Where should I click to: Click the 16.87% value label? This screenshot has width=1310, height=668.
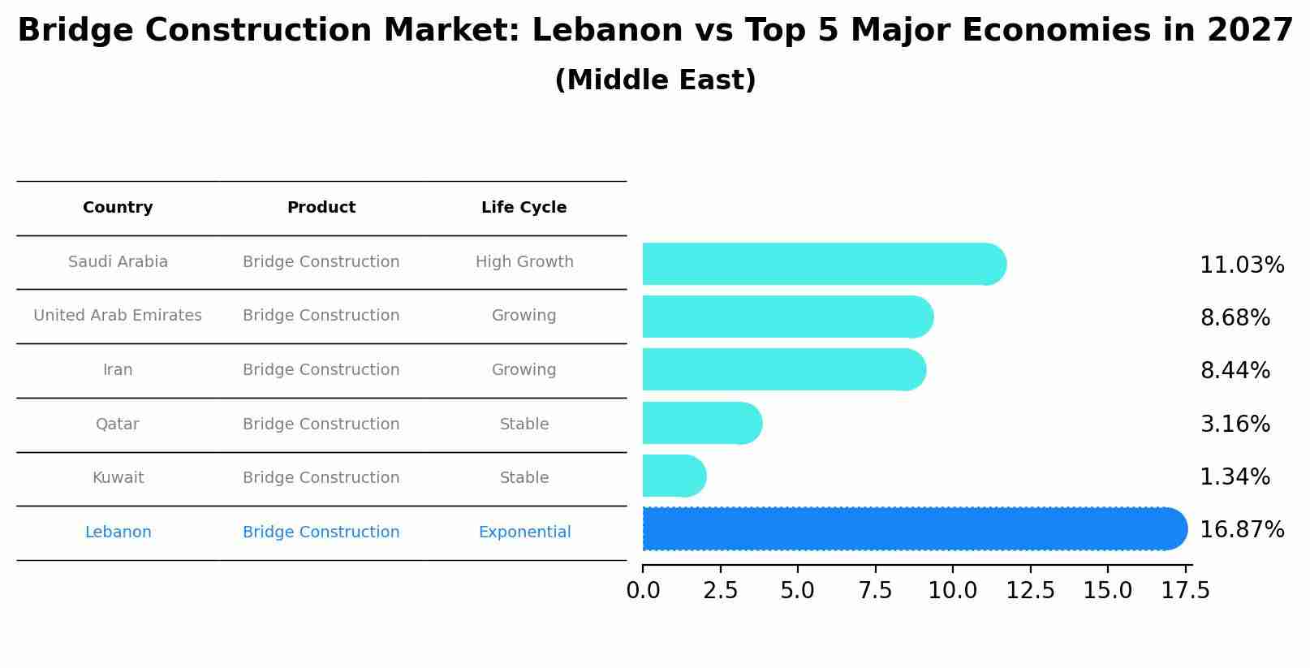click(1241, 530)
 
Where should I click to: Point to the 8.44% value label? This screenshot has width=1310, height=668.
click(1235, 371)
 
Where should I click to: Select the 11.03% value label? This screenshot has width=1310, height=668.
click(1241, 265)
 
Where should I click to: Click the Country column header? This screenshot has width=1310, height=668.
click(118, 208)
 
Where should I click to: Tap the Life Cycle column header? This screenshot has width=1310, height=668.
click(524, 208)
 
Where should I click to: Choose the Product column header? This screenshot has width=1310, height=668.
click(321, 208)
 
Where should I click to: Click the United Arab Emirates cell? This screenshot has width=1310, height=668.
click(118, 316)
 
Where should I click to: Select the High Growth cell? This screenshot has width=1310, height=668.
click(524, 262)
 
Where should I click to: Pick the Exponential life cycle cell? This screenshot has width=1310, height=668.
click(524, 532)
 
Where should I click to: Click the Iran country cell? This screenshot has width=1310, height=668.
click(118, 370)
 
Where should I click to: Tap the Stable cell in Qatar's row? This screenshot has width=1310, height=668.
click(524, 425)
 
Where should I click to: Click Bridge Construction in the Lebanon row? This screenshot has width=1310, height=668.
click(321, 532)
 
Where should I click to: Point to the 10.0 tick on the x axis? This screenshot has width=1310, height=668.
click(952, 591)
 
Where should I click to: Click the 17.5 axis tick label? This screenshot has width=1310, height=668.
click(1185, 591)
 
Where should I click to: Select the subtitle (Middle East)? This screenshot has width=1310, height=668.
click(655, 80)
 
